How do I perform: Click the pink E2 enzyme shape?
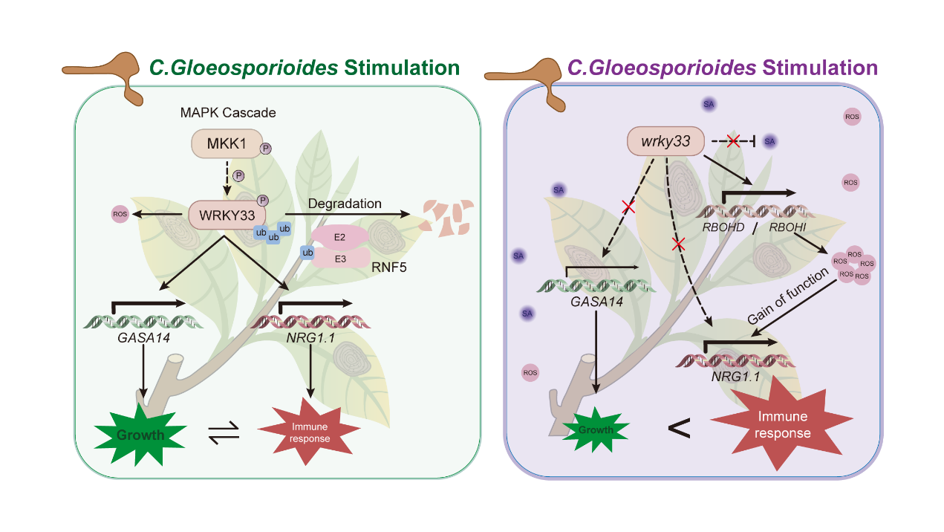tap(340, 236)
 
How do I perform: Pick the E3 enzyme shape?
tap(340, 258)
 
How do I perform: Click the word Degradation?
tap(345, 204)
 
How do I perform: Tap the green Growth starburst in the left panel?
tap(140, 435)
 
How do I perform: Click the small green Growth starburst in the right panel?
tap(596, 429)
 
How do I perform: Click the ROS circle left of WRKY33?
tap(120, 215)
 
